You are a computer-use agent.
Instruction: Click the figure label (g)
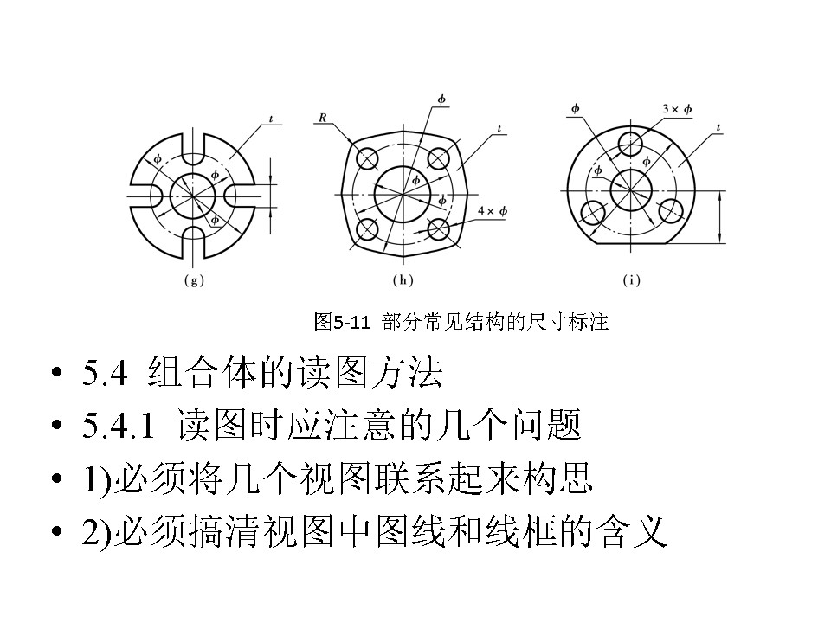195,281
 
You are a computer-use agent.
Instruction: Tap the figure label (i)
633,281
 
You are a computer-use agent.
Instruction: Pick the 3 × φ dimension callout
677,109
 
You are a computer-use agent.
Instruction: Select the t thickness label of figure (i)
720,129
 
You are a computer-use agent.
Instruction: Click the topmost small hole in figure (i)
633,141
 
